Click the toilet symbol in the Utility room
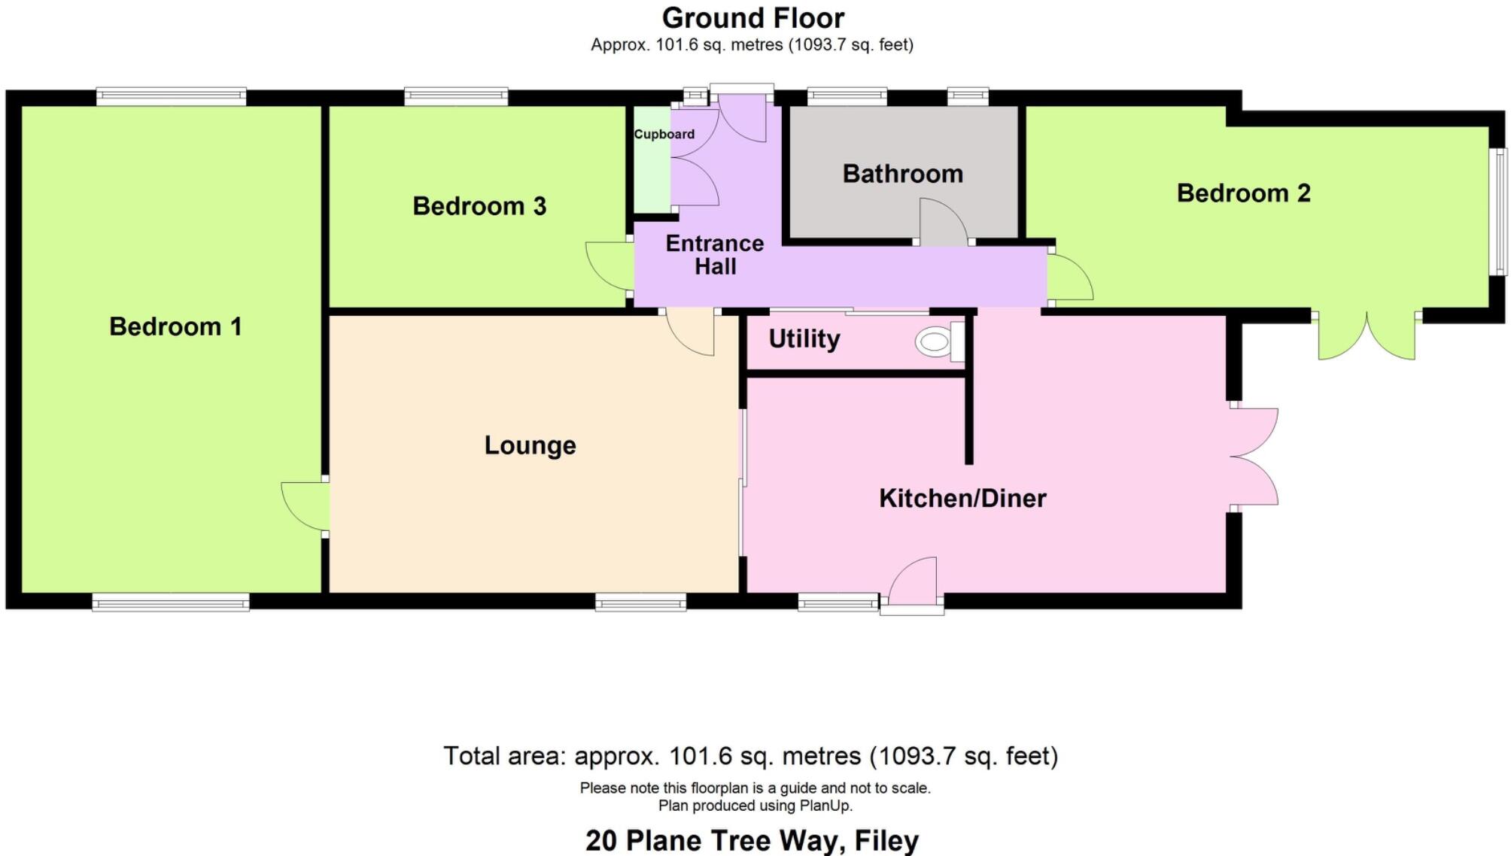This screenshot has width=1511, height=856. (939, 342)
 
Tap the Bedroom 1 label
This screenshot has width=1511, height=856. (175, 326)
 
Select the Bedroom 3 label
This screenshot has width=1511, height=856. (479, 206)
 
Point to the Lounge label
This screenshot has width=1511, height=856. (530, 445)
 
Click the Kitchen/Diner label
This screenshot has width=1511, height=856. (962, 498)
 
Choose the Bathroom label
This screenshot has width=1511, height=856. (902, 174)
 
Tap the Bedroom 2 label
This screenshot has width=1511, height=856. (1243, 193)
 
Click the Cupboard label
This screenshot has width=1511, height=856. (664, 134)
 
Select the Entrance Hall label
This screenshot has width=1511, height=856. (714, 255)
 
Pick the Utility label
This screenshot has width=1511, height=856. (804, 339)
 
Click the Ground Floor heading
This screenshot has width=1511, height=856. (752, 18)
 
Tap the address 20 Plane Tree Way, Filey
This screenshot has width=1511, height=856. (752, 840)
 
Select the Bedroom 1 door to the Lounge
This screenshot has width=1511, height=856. (305, 506)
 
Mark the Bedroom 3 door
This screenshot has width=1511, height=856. (610, 265)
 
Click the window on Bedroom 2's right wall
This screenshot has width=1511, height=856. (1500, 211)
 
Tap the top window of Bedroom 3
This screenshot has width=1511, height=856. (456, 96)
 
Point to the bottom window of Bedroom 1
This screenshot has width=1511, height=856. (171, 602)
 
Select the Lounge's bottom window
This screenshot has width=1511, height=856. (640, 601)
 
